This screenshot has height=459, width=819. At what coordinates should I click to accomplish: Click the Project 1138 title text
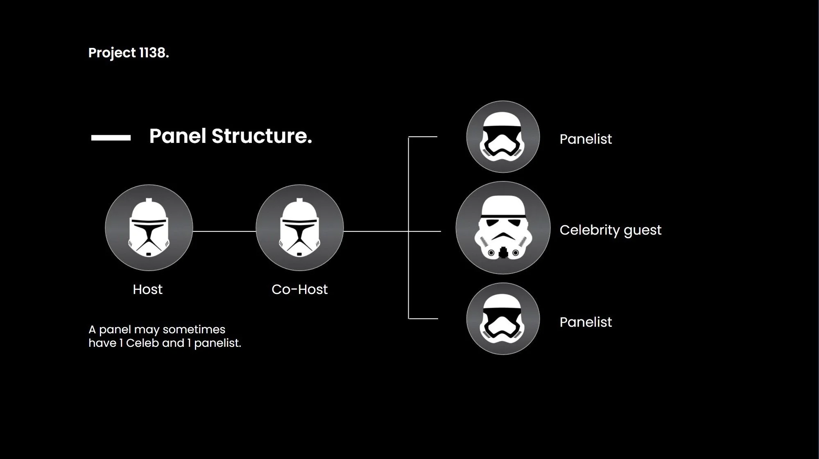click(x=128, y=53)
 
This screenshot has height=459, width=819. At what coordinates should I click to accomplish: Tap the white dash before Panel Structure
click(x=111, y=138)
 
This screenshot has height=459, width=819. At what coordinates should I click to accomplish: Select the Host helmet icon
click(x=149, y=228)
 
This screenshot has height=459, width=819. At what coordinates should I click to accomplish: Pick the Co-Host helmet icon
click(x=299, y=228)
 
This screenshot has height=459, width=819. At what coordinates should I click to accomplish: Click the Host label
click(x=147, y=289)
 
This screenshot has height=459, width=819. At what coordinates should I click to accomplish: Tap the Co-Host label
click(x=299, y=289)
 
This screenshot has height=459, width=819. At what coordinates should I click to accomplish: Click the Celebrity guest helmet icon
click(x=503, y=228)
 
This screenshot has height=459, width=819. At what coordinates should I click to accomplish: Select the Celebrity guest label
click(x=610, y=230)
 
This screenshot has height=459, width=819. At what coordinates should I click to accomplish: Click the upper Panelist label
click(x=586, y=139)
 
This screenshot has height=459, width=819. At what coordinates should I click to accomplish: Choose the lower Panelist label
click(x=586, y=322)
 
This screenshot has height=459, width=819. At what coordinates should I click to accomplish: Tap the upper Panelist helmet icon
click(x=503, y=137)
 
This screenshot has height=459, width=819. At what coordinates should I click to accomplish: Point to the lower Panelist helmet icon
click(x=503, y=319)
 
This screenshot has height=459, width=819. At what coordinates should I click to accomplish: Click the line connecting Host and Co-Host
click(x=224, y=231)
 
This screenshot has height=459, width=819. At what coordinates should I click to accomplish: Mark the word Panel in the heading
click(x=177, y=136)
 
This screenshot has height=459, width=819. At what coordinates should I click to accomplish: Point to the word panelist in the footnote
click(x=217, y=343)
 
